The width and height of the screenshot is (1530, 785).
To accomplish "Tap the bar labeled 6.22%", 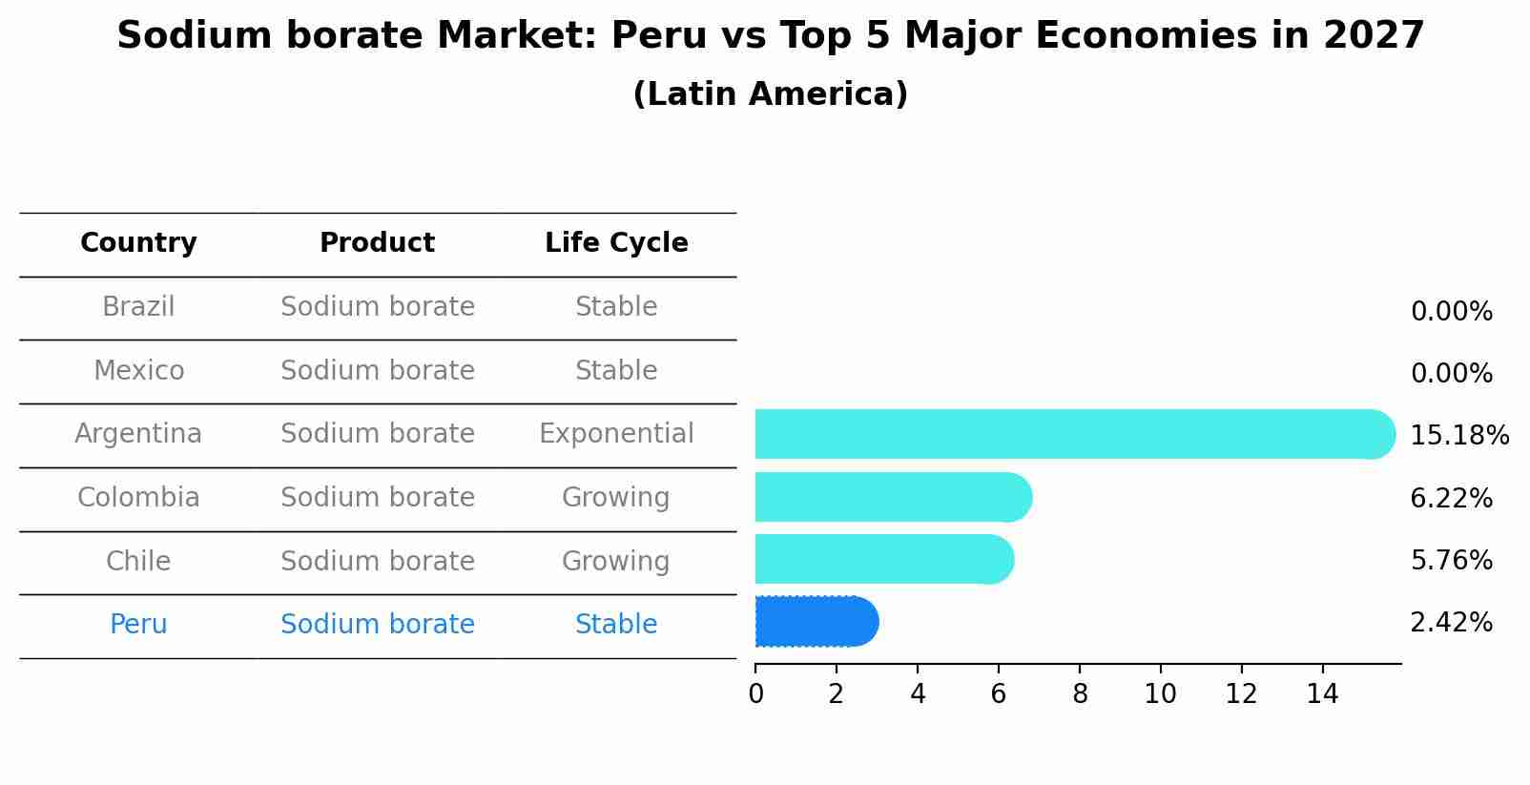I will tap(892, 497).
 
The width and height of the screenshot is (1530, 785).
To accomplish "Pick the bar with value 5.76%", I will tap(882, 559).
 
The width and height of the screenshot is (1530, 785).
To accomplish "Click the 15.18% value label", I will tap(1458, 436).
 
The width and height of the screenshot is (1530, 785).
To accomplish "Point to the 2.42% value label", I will tap(1451, 623).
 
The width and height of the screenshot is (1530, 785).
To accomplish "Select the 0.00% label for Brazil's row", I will tap(1451, 312).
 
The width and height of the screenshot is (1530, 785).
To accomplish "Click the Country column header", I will tap(138, 243).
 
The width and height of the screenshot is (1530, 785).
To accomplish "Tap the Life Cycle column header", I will tap(616, 243).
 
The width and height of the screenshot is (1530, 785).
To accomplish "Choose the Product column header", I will tap(377, 243).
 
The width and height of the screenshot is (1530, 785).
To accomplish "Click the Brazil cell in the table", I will tap(138, 307).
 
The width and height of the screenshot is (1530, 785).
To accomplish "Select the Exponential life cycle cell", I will tap(616, 434).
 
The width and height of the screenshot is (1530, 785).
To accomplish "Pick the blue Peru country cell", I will tap(138, 625).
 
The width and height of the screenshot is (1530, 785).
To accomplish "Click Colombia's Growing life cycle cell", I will tap(616, 498).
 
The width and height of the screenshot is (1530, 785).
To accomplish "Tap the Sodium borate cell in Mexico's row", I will tap(377, 370).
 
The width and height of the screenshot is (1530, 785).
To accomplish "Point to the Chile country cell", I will tap(138, 561).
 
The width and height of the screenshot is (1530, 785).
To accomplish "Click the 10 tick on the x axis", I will tap(1160, 694).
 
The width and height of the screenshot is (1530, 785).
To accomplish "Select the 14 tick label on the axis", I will tap(1322, 694).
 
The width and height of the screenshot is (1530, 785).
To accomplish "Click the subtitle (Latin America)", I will tap(770, 94).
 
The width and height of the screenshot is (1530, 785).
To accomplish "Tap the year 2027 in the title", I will tap(1374, 36).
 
